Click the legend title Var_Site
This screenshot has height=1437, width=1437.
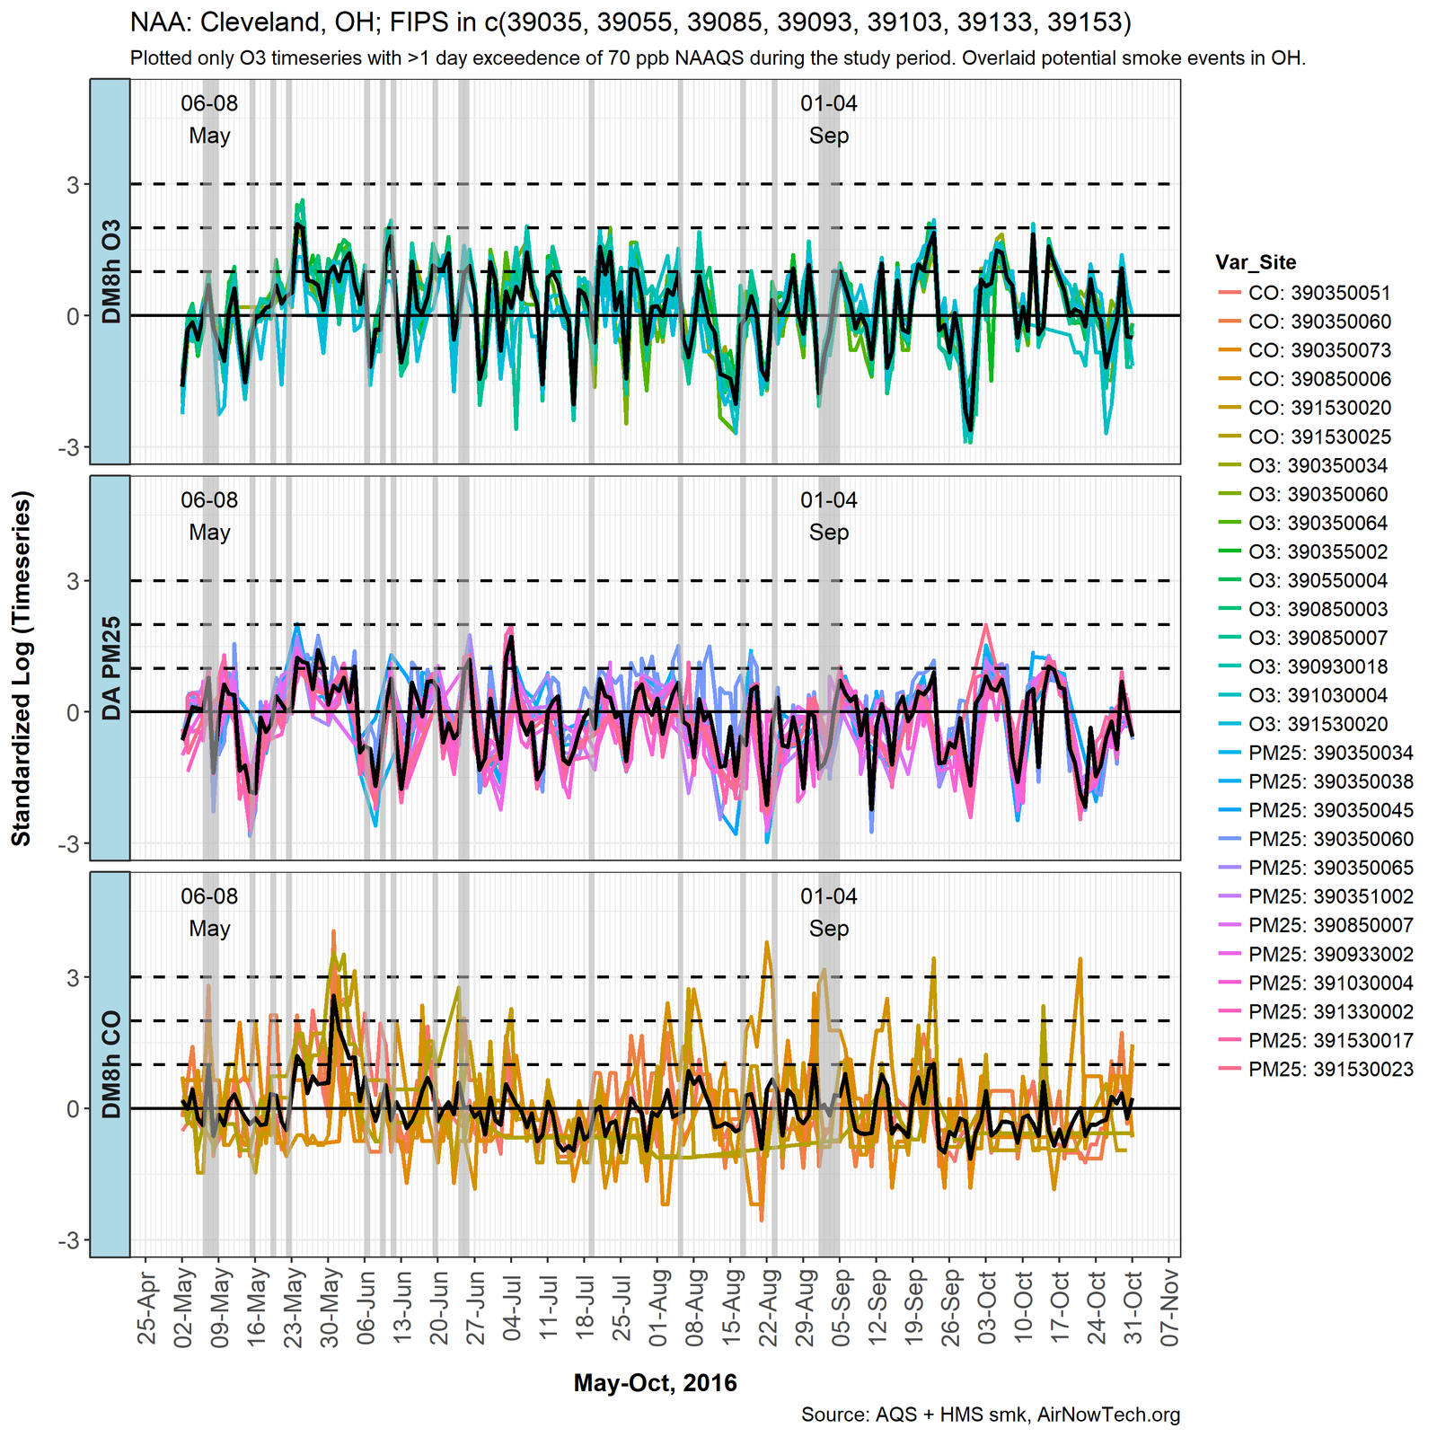coord(1256,262)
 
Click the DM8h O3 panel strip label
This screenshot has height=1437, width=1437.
coord(110,271)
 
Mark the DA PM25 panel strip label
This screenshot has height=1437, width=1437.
coord(110,668)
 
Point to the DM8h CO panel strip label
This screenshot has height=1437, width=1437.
coord(110,1064)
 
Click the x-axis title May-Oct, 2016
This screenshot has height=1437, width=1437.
coord(655,1382)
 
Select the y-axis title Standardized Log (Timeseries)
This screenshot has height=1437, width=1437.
coord(22,668)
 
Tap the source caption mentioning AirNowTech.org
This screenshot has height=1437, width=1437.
coord(990,1415)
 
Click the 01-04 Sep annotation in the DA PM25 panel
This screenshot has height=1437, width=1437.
coord(828,516)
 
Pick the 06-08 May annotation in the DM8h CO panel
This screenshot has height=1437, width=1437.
coord(209,912)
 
